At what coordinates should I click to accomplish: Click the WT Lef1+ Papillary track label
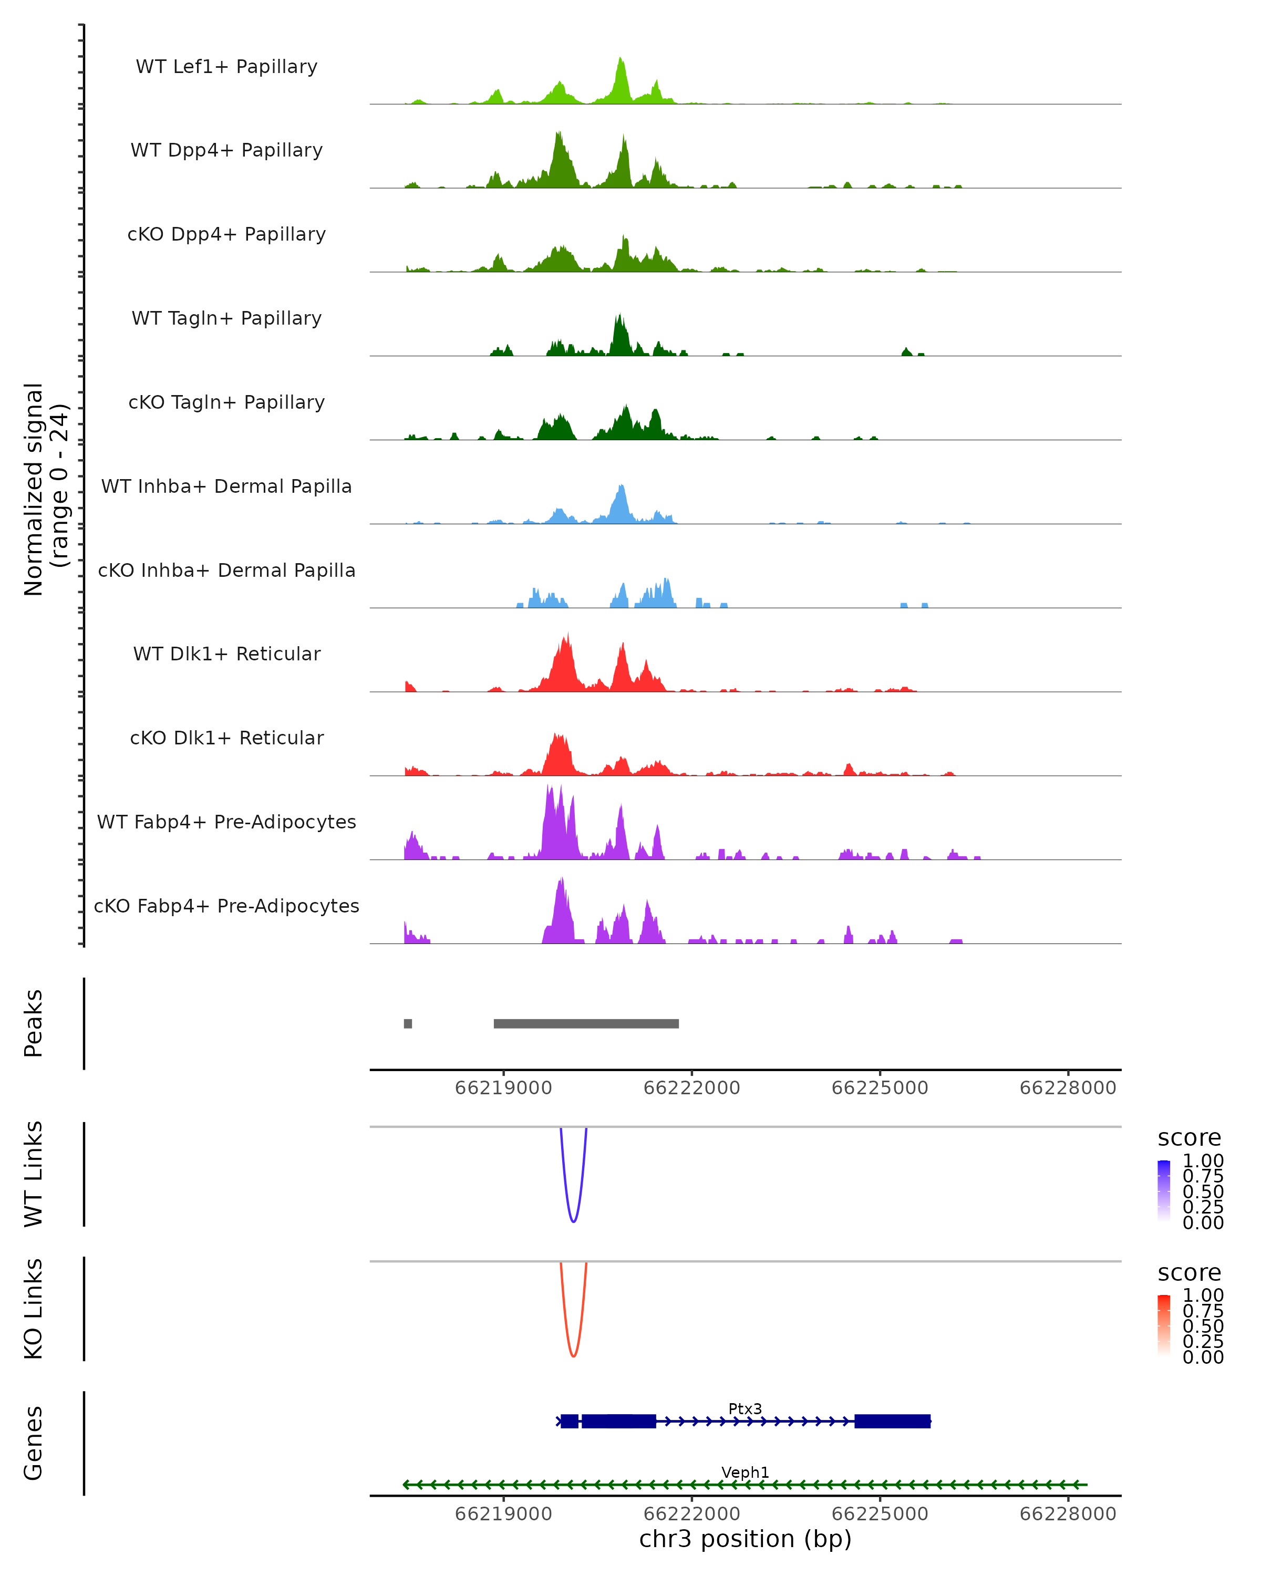(226, 67)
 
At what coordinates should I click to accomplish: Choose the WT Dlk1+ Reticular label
(226, 654)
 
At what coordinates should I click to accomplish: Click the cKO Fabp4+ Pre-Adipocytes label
(226, 906)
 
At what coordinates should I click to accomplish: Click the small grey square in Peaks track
(408, 1023)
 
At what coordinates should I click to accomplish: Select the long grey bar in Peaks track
(586, 1023)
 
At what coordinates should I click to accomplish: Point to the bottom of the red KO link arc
(574, 1356)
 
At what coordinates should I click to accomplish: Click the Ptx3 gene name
(745, 1408)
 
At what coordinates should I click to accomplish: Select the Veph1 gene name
(745, 1472)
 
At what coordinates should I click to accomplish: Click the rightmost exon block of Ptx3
(893, 1421)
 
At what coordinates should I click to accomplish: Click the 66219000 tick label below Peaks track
(504, 1088)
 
